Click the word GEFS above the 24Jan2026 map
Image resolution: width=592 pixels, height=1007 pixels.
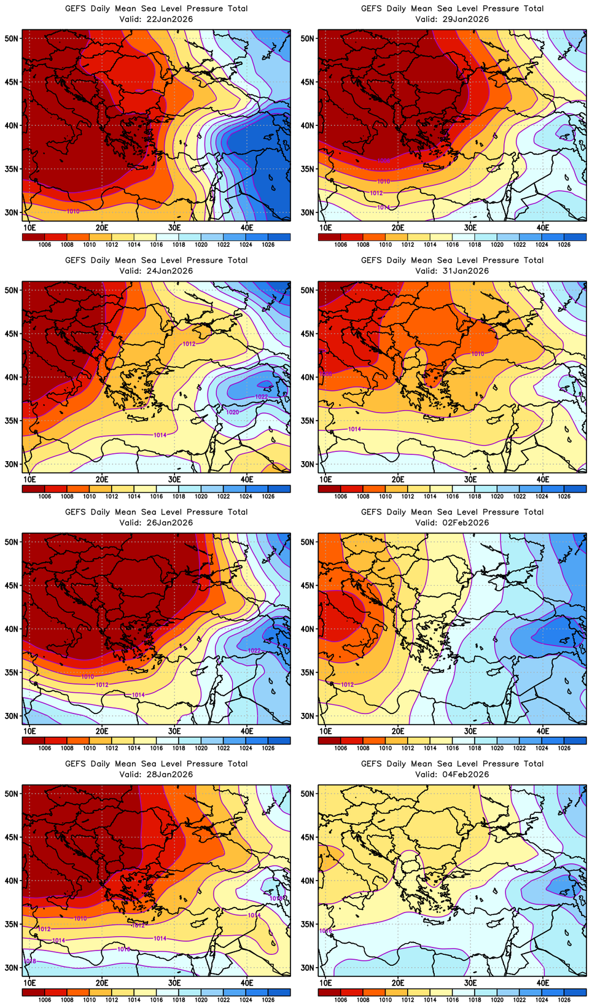(x=76, y=260)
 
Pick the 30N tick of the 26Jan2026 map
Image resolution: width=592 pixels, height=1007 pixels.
(x=12, y=716)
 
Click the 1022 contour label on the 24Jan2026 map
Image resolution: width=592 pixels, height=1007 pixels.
(x=262, y=397)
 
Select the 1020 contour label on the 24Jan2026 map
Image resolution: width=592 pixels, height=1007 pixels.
(x=233, y=412)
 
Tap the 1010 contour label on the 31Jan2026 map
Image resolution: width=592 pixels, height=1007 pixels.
(x=478, y=354)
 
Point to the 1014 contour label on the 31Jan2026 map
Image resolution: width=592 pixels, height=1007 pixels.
(x=354, y=429)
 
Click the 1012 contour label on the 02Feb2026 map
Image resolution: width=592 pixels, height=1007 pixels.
(x=347, y=684)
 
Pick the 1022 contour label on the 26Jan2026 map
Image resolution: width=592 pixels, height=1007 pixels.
(x=254, y=650)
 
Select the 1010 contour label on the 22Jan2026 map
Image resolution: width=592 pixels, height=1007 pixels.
(x=73, y=211)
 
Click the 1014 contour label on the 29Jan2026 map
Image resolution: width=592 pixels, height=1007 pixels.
(x=383, y=208)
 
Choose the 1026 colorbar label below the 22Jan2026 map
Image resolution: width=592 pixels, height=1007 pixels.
(x=268, y=245)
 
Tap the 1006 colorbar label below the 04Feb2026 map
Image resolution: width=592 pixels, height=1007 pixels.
(x=341, y=1000)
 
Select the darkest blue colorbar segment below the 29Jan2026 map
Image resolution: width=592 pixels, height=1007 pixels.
(x=575, y=237)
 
